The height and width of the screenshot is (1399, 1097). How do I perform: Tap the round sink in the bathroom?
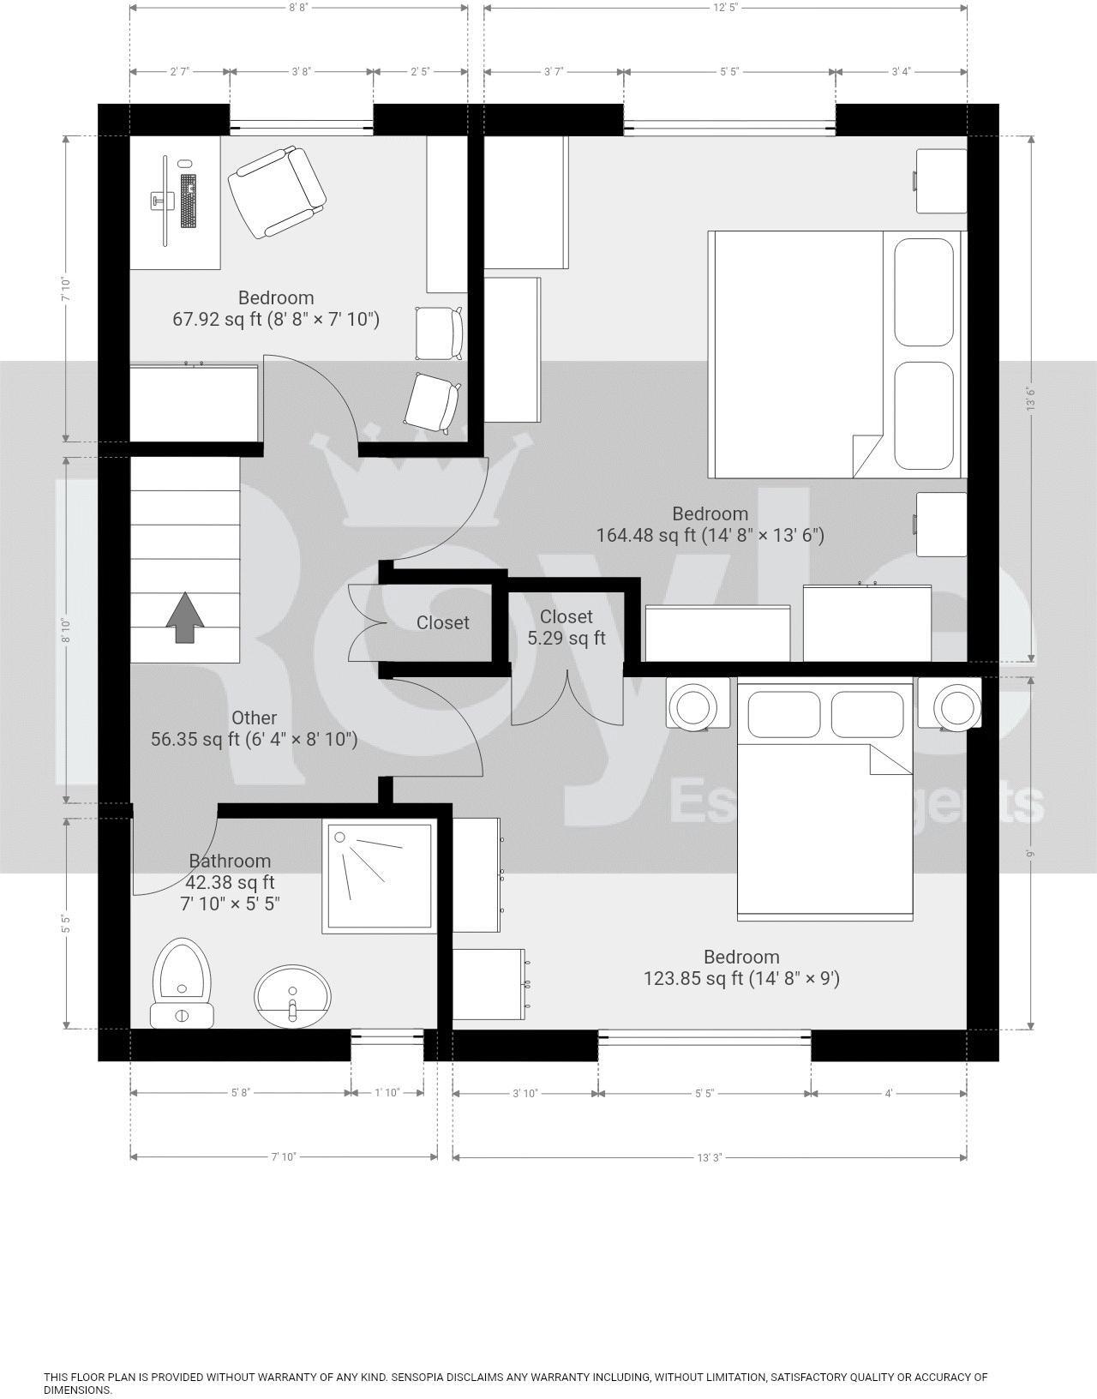click(292, 996)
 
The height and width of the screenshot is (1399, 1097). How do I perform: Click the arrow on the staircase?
click(185, 617)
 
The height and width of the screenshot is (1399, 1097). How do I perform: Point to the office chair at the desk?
click(277, 192)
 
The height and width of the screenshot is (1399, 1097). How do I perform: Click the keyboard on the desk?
click(189, 201)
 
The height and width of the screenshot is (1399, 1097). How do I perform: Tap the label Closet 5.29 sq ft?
click(566, 627)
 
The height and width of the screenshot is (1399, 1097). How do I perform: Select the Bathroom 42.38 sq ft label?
click(230, 882)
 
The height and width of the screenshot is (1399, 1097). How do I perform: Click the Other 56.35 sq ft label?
click(254, 729)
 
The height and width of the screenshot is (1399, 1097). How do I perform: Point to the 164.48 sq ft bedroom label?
click(710, 525)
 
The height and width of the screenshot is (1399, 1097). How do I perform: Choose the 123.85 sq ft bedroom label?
click(741, 968)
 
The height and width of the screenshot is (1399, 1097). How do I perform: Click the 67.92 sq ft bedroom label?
click(276, 309)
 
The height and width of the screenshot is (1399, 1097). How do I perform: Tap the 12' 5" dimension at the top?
click(725, 8)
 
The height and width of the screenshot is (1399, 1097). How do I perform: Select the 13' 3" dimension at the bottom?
click(709, 1157)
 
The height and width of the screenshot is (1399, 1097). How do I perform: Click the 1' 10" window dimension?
click(387, 1093)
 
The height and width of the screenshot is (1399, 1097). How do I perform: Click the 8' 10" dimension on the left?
click(66, 630)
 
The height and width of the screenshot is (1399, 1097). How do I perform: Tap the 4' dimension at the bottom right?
click(889, 1093)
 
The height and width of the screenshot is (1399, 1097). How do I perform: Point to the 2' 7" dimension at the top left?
click(179, 72)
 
